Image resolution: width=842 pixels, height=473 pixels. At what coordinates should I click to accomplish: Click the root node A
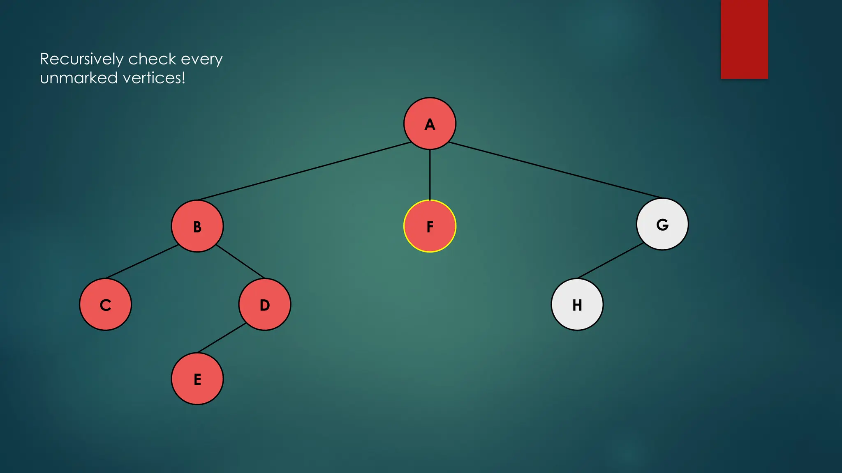[430, 124]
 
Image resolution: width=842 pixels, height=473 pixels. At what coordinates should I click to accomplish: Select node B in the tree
[197, 226]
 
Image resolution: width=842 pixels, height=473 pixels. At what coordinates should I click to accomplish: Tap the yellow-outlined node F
[430, 226]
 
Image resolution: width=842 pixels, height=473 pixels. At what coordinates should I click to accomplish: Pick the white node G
[662, 224]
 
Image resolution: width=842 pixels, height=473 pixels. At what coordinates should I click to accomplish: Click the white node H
[577, 305]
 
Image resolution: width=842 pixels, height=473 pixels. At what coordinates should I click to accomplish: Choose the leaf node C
[106, 305]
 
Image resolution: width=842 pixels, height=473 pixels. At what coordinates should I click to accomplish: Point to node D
[265, 305]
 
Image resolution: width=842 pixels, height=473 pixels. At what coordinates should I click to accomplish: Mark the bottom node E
[197, 379]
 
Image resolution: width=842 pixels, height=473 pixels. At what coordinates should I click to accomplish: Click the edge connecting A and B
[304, 171]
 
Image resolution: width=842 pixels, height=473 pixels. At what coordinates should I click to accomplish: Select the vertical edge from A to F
[430, 175]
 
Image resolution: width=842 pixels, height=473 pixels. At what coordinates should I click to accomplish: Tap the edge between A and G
[555, 170]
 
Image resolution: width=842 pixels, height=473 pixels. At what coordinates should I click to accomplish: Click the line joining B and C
[142, 262]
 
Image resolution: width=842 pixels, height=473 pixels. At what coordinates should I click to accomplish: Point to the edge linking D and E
[222, 338]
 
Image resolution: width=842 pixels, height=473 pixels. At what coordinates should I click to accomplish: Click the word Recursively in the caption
[82, 60]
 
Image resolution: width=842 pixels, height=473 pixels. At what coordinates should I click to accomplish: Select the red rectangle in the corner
[744, 39]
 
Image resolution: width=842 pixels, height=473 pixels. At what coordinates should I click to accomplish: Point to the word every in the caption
[201, 60]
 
